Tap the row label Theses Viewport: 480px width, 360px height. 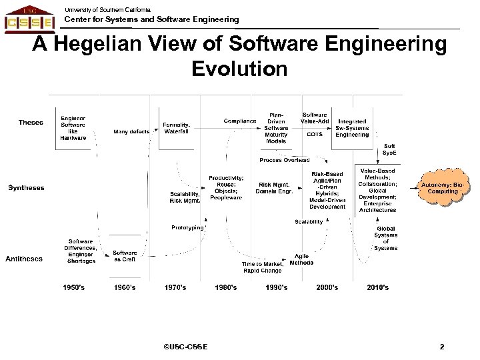coord(31,122)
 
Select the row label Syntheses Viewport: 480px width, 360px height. coord(26,187)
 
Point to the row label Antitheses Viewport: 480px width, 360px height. coord(24,258)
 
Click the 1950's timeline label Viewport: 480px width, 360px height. coord(75,287)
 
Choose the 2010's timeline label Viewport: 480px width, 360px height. coord(377,287)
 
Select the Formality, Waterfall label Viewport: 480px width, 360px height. coord(177,127)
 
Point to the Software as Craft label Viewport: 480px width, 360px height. coord(125,257)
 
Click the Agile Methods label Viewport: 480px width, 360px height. coord(301,259)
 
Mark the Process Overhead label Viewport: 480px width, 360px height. coord(285,160)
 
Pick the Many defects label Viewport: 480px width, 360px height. coord(131,131)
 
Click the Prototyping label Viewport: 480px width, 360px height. coord(187,227)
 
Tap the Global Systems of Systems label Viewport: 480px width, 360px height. coord(386,238)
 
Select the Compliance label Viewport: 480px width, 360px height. coord(240,121)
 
